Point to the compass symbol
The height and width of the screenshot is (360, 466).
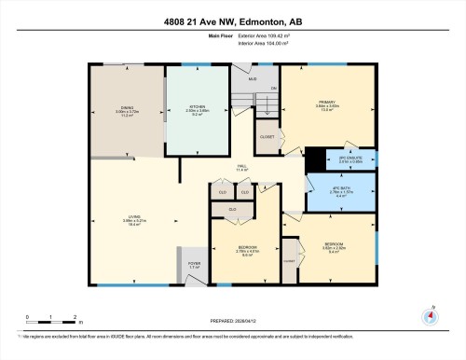430,315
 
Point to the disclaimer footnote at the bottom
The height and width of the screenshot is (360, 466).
232,333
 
